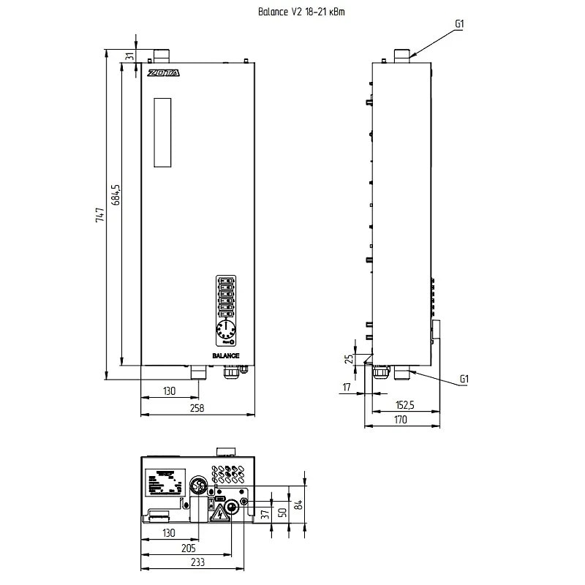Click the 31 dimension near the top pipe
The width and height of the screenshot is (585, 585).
tap(130, 56)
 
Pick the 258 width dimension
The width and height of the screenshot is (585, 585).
tap(195, 408)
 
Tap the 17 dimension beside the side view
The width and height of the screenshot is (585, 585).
tap(347, 386)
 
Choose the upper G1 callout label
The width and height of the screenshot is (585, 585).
tap(459, 24)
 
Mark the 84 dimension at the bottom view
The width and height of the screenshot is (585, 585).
tap(298, 504)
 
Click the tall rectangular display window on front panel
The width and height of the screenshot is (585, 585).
tap(162, 132)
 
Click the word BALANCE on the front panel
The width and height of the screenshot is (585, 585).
tap(226, 355)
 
